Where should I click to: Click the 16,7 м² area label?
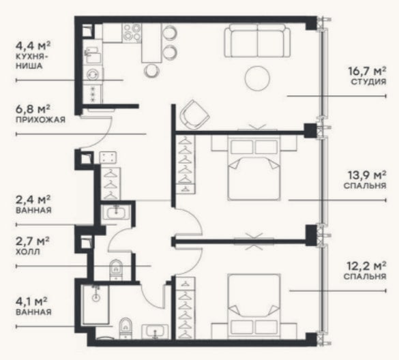pyautogui.click(x=367, y=71)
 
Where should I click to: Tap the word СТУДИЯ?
pyautogui.click(x=368, y=82)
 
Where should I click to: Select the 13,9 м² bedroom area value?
pyautogui.click(x=367, y=175)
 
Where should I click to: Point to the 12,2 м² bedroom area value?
pyautogui.click(x=367, y=266)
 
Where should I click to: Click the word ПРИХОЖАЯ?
pyautogui.click(x=40, y=119)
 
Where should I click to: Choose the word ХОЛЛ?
pyautogui.click(x=28, y=252)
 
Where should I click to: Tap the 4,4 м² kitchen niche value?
pyautogui.click(x=33, y=46)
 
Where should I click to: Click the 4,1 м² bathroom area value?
pyautogui.click(x=31, y=302)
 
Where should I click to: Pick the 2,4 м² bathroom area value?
pyautogui.click(x=33, y=200)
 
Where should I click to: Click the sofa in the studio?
pyautogui.click(x=257, y=41)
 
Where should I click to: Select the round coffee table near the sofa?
pyautogui.click(x=258, y=78)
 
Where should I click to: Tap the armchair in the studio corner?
pyautogui.click(x=194, y=115)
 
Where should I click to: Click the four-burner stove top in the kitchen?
pyautogui.click(x=132, y=33)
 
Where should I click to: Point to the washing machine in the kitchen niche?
pyautogui.click(x=93, y=75)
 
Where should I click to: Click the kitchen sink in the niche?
pyautogui.click(x=93, y=55)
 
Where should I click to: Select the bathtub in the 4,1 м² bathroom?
pyautogui.click(x=95, y=305)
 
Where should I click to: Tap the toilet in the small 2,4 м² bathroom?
pyautogui.click(x=116, y=270)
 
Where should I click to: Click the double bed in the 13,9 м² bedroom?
pyautogui.click(x=254, y=168)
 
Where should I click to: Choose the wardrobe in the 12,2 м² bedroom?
pyautogui.click(x=186, y=308)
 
